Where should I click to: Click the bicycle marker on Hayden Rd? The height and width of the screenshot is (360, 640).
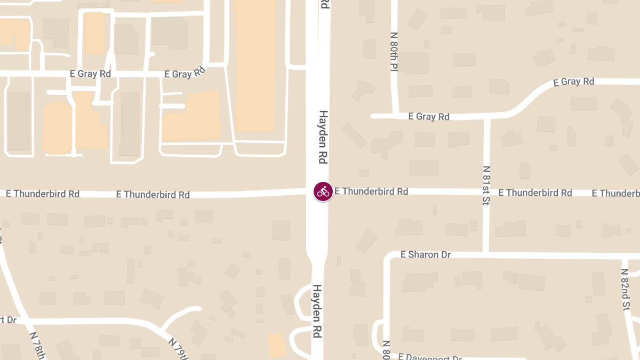[x=323, y=191]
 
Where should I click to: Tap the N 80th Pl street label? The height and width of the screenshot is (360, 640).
[x=394, y=52]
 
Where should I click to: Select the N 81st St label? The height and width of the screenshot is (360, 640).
[x=486, y=185]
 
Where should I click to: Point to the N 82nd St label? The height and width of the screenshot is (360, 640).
[x=625, y=289]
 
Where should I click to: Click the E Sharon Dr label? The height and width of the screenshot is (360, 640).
[x=426, y=255]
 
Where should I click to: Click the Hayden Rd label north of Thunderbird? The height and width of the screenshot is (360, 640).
[x=323, y=137]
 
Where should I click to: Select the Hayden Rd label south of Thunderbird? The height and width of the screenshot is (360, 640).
[x=317, y=311]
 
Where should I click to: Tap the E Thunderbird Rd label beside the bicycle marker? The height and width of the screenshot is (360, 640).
[x=371, y=191]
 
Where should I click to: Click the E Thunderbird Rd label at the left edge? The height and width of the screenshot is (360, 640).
[x=43, y=194]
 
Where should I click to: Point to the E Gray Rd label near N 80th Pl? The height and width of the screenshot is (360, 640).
[x=429, y=116]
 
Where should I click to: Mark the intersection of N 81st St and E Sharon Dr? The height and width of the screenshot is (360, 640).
[x=486, y=254]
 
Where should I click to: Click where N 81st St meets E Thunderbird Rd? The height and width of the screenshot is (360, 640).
[x=486, y=192]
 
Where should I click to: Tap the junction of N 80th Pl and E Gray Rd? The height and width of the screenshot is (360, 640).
[x=395, y=115]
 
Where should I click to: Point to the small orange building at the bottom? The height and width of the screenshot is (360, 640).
[x=276, y=345]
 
